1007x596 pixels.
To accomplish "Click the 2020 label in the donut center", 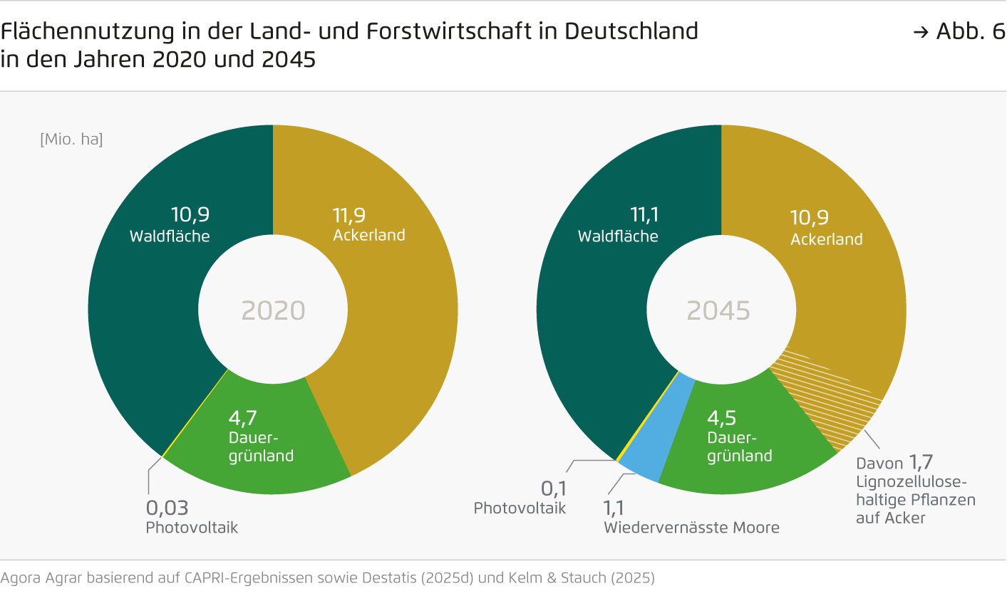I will tap(273, 311).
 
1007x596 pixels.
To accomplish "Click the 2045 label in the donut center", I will tap(718, 311).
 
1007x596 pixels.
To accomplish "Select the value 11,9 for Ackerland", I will tap(351, 214).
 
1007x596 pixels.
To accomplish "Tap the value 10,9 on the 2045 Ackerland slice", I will tap(809, 217).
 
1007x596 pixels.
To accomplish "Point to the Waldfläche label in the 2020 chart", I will tap(170, 236).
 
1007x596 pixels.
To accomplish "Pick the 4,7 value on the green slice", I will tap(244, 416).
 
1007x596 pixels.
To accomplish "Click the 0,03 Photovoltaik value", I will tap(167, 508).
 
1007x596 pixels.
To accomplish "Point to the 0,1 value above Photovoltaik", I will tap(553, 488).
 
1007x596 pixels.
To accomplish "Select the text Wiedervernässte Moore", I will tap(691, 528).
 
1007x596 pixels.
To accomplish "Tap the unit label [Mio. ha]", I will tap(71, 140).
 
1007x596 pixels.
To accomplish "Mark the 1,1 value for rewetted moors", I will tap(614, 508).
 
